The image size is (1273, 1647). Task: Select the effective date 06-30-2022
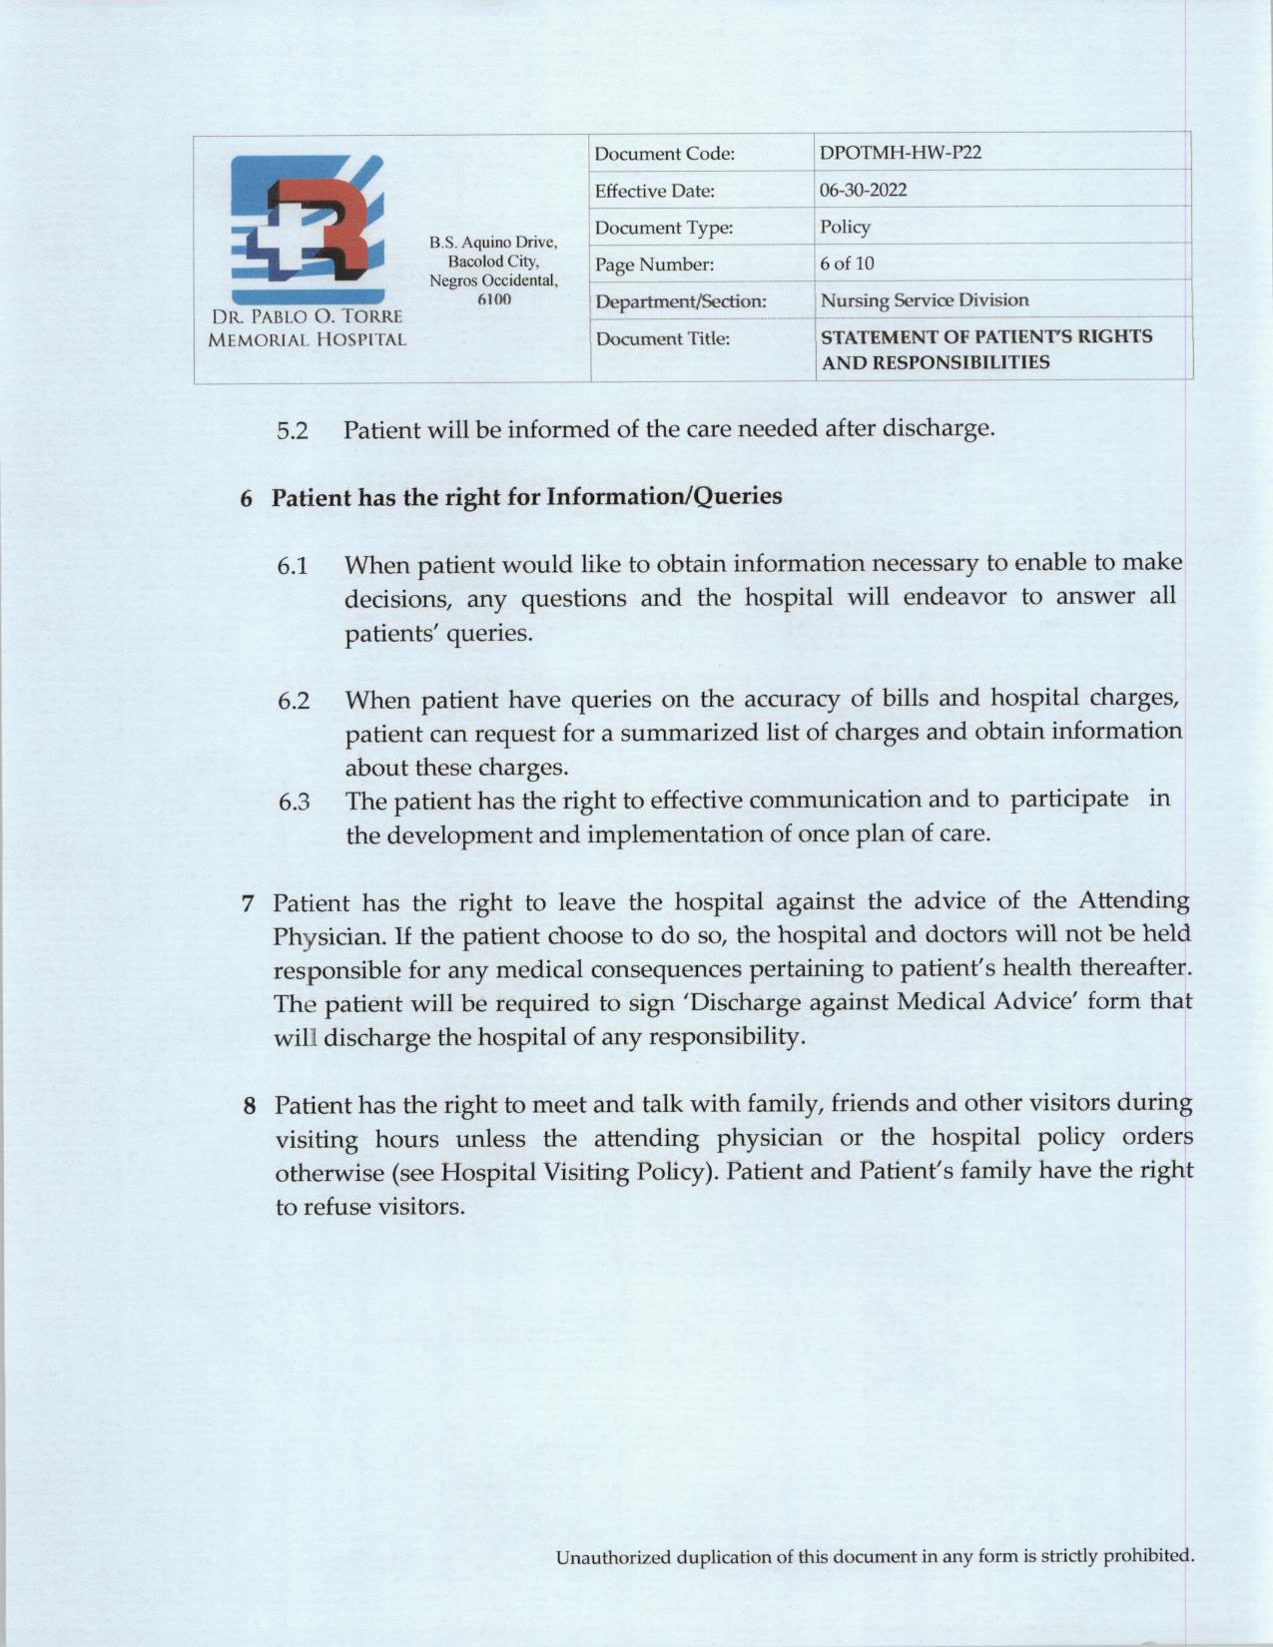[x=863, y=190]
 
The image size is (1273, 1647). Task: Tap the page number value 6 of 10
[x=847, y=264]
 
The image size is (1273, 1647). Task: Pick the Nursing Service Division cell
[x=924, y=299]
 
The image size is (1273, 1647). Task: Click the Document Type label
[x=664, y=228]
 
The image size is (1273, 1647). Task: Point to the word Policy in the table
[x=845, y=227]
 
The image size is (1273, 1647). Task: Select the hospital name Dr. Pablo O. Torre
[x=307, y=316]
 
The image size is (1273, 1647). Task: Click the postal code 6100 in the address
[x=493, y=298]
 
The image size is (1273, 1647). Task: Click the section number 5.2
[x=293, y=431]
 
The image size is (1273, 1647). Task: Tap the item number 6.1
[x=293, y=566]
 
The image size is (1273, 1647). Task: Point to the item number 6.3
[x=294, y=802]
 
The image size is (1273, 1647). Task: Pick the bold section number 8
[x=251, y=1106]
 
